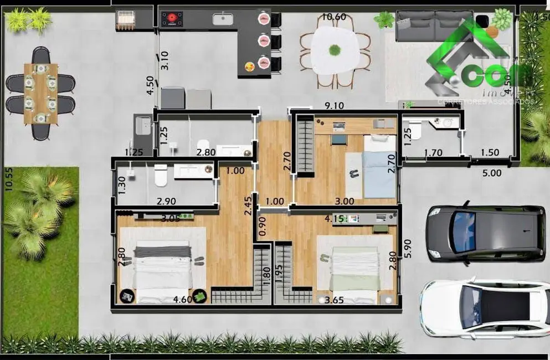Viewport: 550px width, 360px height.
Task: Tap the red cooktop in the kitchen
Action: click(x=172, y=19)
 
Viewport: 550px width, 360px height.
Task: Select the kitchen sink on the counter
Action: click(x=223, y=19)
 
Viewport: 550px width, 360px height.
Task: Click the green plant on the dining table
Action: click(x=335, y=50)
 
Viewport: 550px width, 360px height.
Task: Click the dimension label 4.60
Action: click(x=183, y=300)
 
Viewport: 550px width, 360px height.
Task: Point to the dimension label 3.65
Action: click(x=334, y=300)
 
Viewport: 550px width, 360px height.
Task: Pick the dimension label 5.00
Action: click(x=491, y=172)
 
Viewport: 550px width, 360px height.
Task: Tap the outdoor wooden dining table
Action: click(x=40, y=94)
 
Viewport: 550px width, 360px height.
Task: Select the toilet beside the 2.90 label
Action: click(x=161, y=176)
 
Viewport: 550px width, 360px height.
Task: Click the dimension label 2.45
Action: click(x=248, y=205)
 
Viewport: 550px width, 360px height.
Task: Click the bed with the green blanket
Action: click(x=354, y=268)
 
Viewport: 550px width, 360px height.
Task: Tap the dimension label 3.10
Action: click(x=164, y=60)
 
